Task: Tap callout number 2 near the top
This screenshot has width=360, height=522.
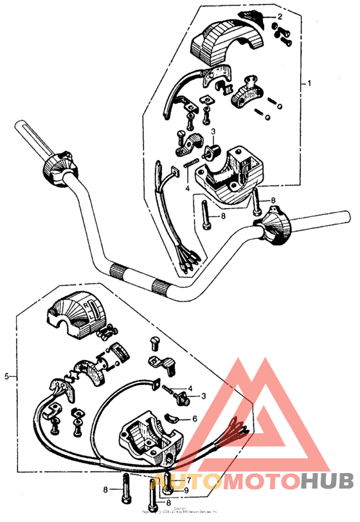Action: [x=280, y=15]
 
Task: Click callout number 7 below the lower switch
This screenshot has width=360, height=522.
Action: [x=180, y=480]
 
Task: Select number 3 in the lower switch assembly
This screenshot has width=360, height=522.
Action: [x=203, y=396]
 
